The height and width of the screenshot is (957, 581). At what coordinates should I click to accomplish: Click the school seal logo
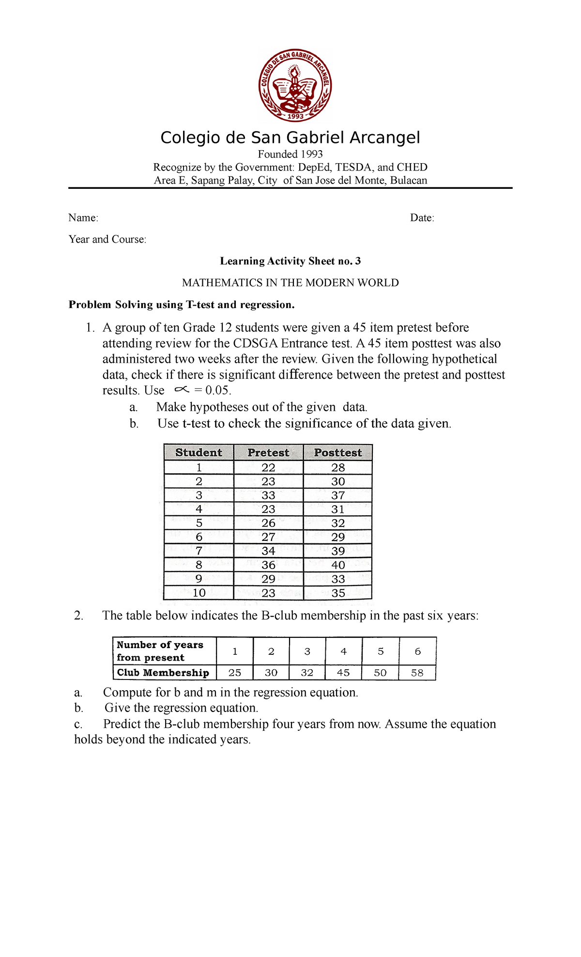tap(295, 85)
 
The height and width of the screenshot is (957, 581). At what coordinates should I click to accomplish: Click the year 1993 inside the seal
tap(295, 116)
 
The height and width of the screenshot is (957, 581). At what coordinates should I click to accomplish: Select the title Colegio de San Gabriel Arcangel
tap(290, 138)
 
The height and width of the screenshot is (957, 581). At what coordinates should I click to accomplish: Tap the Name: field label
tap(83, 218)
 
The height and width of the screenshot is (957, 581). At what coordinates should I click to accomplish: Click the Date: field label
tap(422, 218)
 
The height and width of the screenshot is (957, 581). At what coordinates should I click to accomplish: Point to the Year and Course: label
tap(107, 239)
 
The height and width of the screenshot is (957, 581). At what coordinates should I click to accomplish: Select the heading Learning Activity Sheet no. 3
tap(290, 261)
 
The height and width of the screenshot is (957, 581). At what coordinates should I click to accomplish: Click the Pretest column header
tap(268, 452)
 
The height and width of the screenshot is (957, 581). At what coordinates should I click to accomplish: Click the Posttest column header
tap(338, 452)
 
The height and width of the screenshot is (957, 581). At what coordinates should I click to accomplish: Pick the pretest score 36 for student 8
tap(268, 565)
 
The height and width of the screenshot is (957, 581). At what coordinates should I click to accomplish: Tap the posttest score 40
tap(338, 565)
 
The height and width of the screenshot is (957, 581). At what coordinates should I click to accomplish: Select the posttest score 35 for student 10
tap(338, 593)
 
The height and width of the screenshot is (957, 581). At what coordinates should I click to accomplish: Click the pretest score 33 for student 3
tap(268, 495)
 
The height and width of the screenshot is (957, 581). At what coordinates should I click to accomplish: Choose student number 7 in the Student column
tap(199, 551)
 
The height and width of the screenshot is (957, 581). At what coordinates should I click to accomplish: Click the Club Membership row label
tap(163, 673)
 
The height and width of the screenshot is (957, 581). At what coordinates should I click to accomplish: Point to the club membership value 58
tap(417, 673)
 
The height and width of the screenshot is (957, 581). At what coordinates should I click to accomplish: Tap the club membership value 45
tap(343, 673)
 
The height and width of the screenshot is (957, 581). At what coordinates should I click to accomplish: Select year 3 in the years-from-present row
tap(307, 651)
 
